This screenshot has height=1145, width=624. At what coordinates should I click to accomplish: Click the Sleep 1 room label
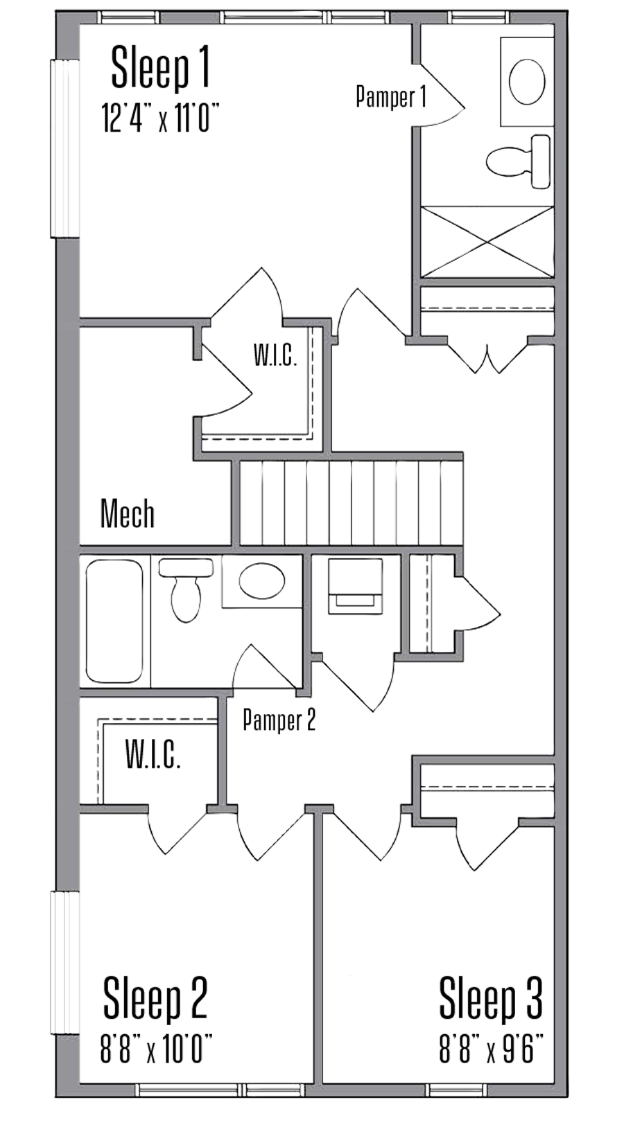160,67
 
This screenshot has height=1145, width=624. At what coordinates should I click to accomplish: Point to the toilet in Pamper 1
519,162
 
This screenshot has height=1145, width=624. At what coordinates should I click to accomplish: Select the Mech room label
127,514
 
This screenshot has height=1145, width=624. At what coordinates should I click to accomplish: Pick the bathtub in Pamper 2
114,621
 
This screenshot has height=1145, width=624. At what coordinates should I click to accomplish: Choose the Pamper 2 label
279,720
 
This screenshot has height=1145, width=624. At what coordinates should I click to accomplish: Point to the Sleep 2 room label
155,999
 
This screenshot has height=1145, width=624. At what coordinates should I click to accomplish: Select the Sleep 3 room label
490,999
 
